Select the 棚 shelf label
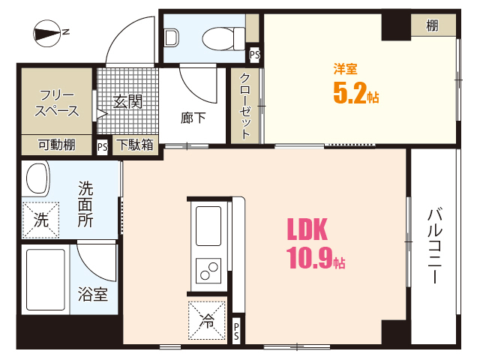(x=433, y=25)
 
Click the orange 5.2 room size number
(x=349, y=93)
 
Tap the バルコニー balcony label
(x=433, y=244)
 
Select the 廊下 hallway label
(x=194, y=117)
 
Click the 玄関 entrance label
(x=127, y=102)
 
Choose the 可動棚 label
(x=56, y=145)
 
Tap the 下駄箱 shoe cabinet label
(x=136, y=145)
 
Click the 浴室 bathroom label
(x=94, y=295)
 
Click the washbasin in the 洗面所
(x=37, y=180)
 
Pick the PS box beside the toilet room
(x=255, y=55)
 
